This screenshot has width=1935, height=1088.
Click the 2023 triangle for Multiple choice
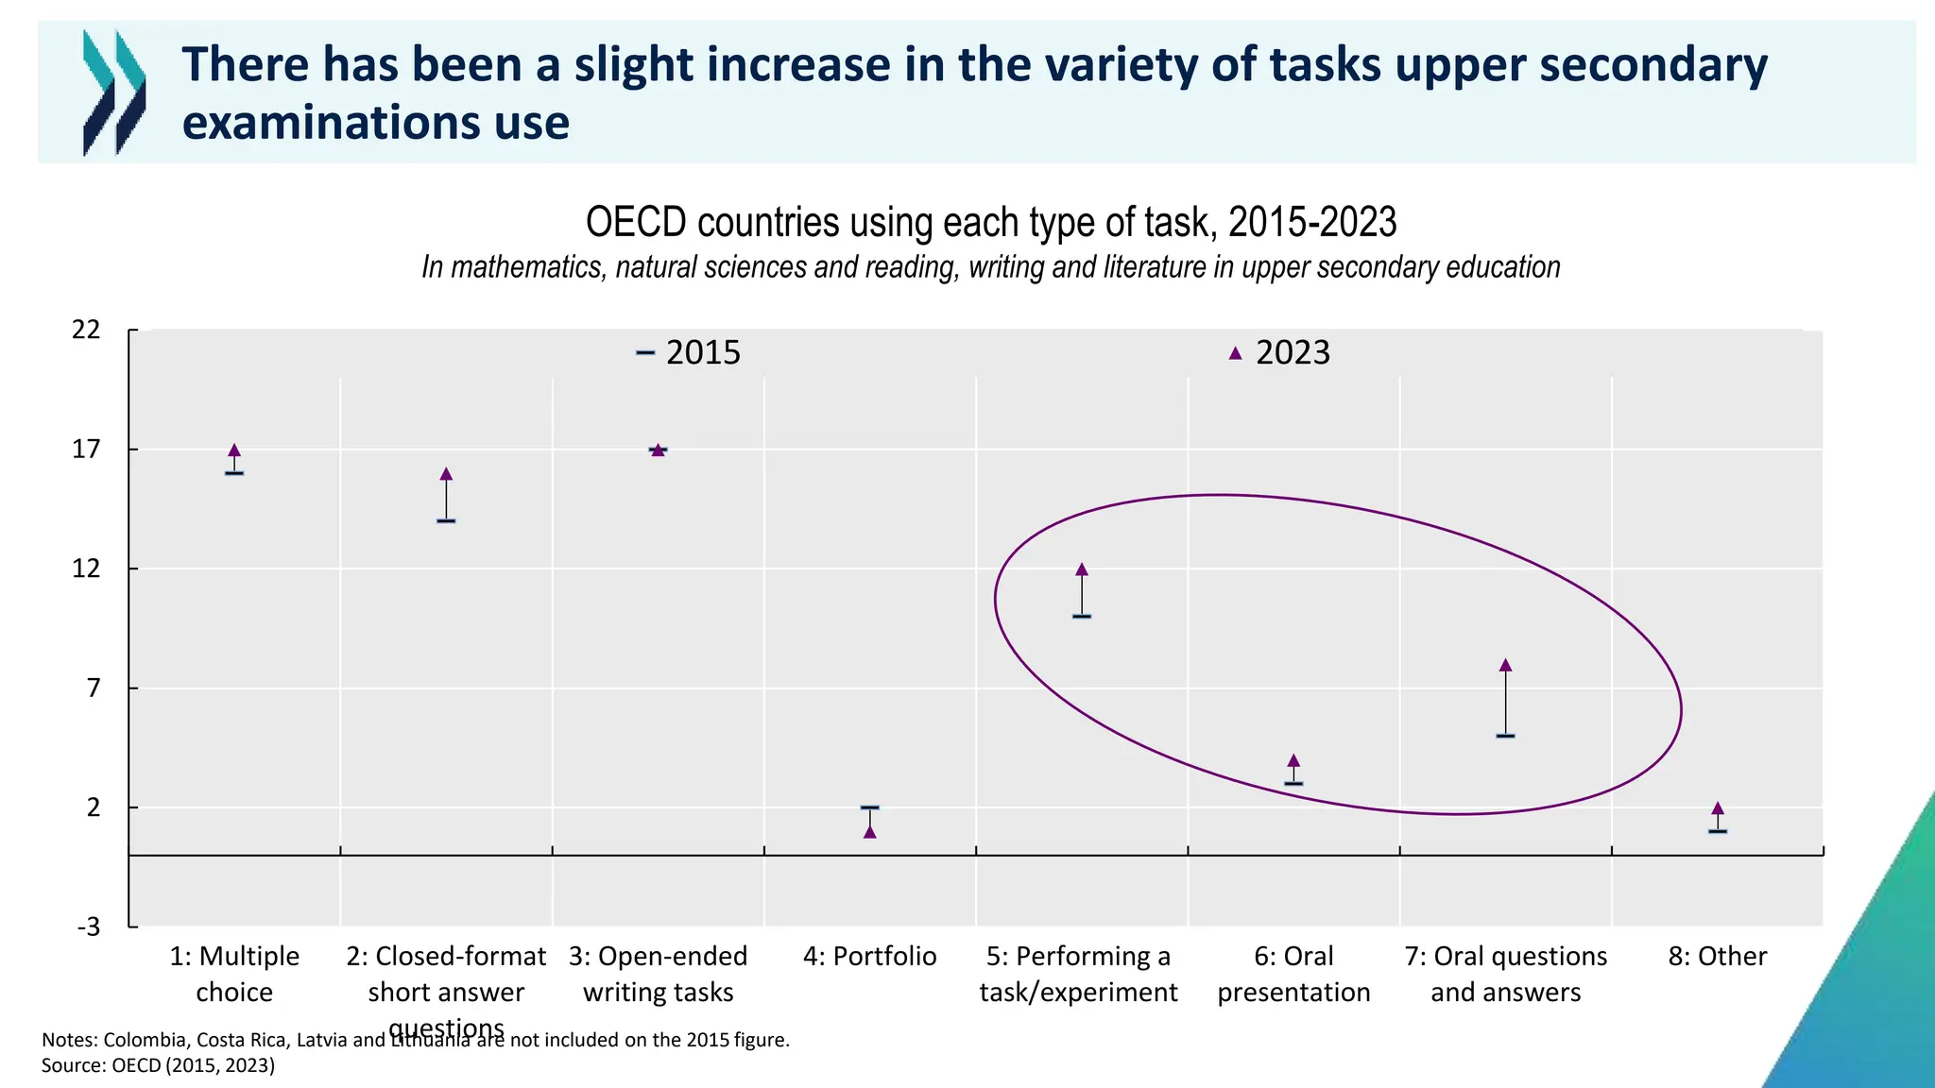pos(234,450)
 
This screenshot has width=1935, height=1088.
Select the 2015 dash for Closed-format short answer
pos(446,520)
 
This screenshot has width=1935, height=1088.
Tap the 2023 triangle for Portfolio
pos(870,832)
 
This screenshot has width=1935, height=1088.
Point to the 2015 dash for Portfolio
pos(870,807)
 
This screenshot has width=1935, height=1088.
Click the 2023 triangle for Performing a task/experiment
pos(1082,569)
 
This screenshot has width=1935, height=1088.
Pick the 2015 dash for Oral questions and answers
pos(1506,736)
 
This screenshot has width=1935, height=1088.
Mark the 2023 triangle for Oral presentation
pos(1293,760)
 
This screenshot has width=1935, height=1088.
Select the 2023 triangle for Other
pos(1718,808)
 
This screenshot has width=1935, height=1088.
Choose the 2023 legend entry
pos(1280,352)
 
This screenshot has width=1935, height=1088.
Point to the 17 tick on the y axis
pos(87,450)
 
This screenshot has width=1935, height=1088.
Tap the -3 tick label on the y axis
pos(89,926)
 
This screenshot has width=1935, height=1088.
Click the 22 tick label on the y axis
pos(87,330)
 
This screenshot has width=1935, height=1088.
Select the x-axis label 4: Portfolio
pos(870,957)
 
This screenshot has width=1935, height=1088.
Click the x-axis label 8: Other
pos(1718,957)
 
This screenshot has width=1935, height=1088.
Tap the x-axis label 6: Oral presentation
pos(1293,974)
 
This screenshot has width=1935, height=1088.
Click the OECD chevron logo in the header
pos(114,92)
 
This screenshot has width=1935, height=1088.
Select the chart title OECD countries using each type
pos(991,223)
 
